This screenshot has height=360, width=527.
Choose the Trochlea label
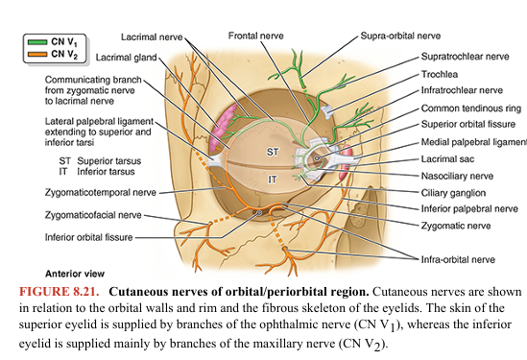(x=439, y=74)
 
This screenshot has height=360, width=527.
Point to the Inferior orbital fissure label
(x=81, y=237)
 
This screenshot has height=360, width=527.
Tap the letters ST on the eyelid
(x=273, y=152)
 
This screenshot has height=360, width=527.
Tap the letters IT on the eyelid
(x=273, y=180)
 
